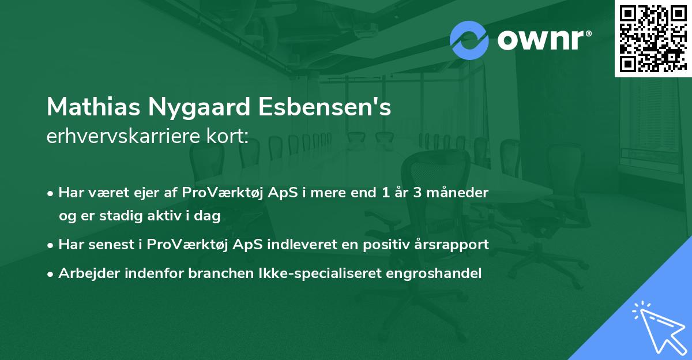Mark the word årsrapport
coord(455,245)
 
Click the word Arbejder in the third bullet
coord(85,273)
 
